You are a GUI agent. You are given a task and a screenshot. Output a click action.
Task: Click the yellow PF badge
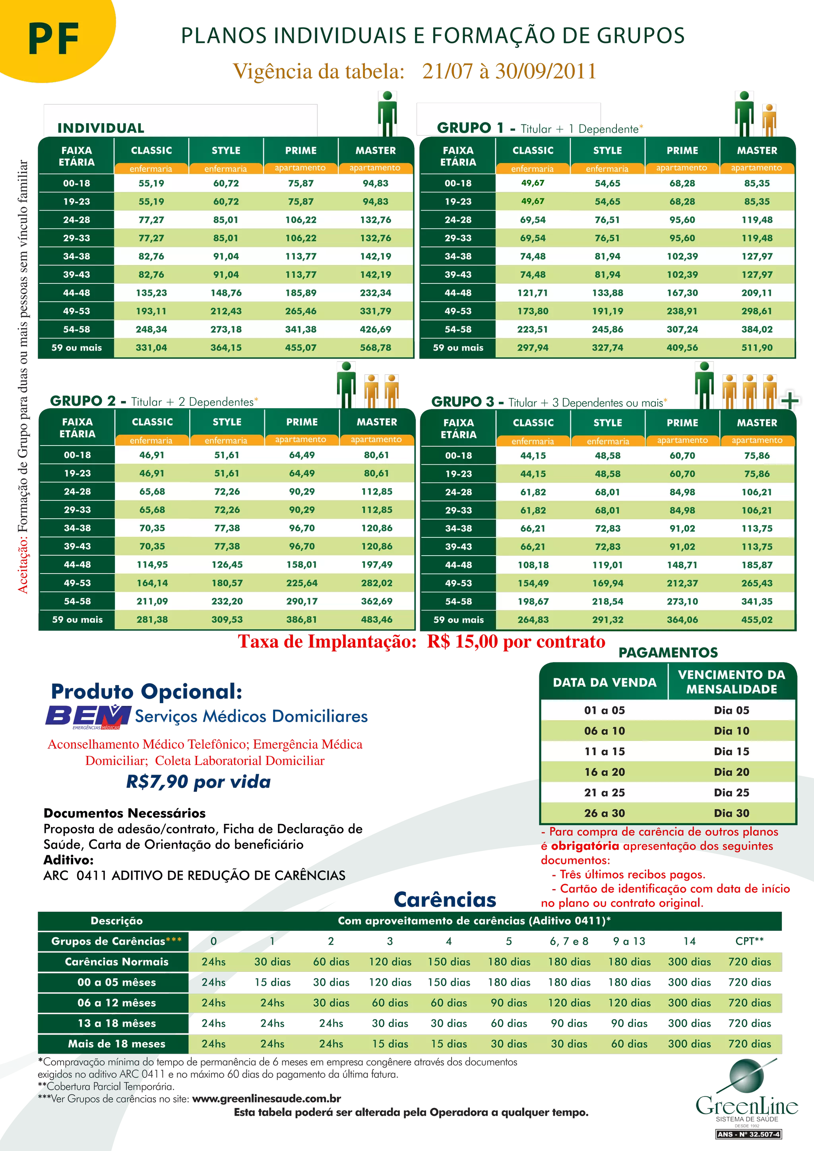[52, 38]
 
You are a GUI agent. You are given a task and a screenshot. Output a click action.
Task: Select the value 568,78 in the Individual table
[376, 347]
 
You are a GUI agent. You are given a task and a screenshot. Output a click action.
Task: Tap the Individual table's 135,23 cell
[151, 293]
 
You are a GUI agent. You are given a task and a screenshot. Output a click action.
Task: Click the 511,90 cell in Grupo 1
[757, 347]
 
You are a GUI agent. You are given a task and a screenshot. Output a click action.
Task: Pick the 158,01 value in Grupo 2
[301, 564]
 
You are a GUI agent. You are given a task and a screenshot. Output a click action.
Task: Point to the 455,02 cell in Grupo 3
[757, 620]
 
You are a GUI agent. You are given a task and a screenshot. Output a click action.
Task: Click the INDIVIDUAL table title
[101, 128]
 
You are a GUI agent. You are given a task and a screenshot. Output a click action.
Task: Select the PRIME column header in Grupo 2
[302, 422]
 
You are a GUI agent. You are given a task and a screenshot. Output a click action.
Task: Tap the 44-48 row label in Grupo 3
[458, 565]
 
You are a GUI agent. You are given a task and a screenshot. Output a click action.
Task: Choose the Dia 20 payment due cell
[731, 772]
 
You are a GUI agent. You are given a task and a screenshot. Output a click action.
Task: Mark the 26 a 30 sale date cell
[605, 813]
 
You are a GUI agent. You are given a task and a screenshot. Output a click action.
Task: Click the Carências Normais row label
[116, 961]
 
